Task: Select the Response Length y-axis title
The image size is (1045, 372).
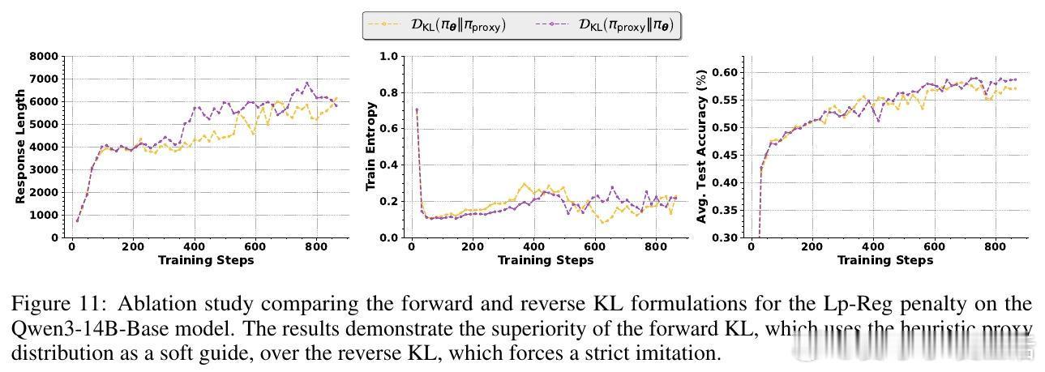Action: (19, 148)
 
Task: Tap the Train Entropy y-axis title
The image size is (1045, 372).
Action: (371, 147)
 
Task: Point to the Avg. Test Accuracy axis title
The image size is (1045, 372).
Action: (702, 147)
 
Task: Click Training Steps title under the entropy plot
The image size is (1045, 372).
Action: (545, 260)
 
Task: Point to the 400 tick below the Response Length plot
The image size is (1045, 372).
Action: (194, 247)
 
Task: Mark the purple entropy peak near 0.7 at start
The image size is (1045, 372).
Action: (417, 109)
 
